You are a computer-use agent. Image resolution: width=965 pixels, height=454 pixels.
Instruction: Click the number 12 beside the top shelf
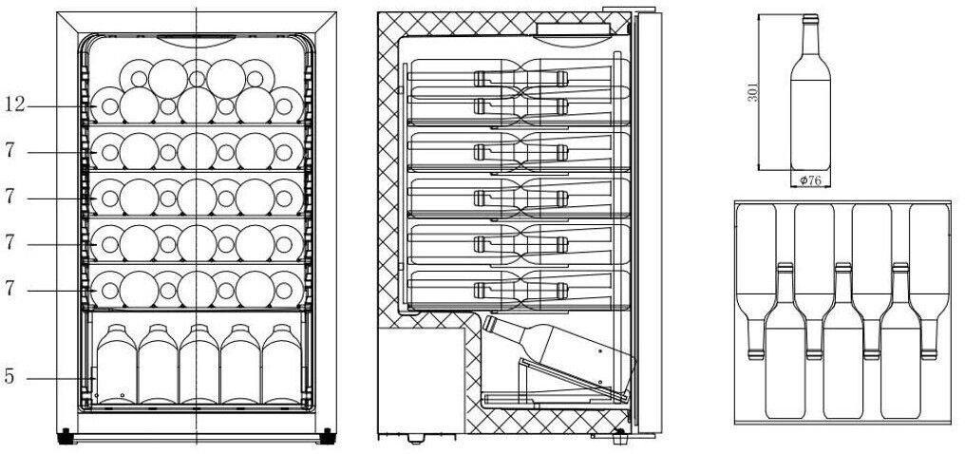[x=15, y=105]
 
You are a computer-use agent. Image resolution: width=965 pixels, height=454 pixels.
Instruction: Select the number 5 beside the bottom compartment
[x=9, y=376]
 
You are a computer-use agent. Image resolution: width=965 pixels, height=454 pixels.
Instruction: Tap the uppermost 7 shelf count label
[x=9, y=151]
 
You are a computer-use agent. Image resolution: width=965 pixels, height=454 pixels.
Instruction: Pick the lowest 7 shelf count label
[x=9, y=289]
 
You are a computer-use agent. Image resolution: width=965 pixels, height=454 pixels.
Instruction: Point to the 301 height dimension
[x=751, y=92]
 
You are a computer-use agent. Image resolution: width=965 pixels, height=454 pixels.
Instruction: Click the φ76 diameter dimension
[x=810, y=180]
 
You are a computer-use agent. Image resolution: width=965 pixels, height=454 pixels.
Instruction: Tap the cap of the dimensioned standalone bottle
[x=810, y=19]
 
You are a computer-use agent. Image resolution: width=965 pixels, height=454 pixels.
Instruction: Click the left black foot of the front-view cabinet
[x=65, y=436]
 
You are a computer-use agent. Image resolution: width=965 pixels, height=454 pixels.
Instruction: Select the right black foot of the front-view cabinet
[x=328, y=436]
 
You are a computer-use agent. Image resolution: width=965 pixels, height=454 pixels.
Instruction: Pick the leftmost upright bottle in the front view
[x=116, y=364]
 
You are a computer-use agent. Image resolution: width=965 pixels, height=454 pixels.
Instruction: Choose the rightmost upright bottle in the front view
[x=282, y=364]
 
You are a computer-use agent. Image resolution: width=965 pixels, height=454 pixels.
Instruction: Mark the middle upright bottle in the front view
[x=199, y=364]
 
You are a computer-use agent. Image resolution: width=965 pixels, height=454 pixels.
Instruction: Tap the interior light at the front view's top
[x=197, y=41]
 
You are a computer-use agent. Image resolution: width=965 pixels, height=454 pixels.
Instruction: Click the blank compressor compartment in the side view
[x=421, y=380]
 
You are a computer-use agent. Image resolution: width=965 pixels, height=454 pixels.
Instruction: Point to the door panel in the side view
[x=649, y=222]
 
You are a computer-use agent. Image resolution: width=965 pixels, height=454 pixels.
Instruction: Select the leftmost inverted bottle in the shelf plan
[x=756, y=281]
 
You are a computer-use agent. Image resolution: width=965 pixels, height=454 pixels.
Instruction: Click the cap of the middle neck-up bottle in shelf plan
[x=843, y=268]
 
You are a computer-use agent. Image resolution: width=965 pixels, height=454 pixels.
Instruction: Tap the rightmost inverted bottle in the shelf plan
[x=929, y=281]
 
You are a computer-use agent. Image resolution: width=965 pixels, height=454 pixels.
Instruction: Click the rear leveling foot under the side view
[x=417, y=439]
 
